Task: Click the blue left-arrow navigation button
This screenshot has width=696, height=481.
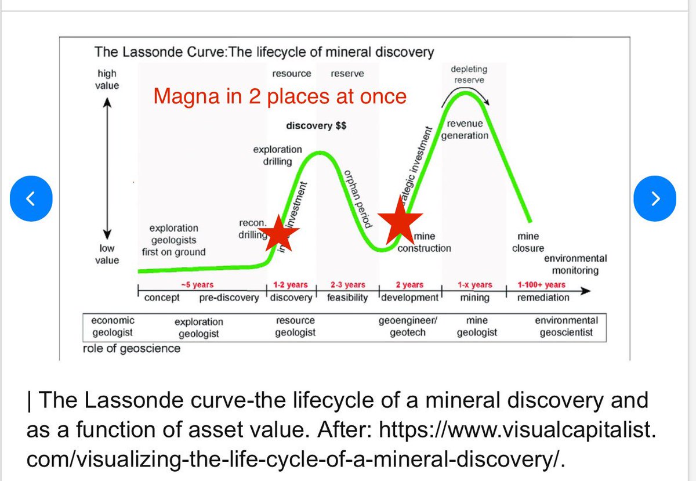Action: pyautogui.click(x=32, y=198)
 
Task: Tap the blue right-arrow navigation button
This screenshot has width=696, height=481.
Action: pyautogui.click(x=655, y=198)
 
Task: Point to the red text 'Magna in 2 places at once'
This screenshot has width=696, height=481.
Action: pyautogui.click(x=280, y=97)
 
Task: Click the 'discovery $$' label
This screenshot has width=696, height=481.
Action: pyautogui.click(x=316, y=126)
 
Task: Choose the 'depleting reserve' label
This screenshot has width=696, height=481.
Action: pyautogui.click(x=469, y=74)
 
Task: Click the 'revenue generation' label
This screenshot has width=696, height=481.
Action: pyautogui.click(x=465, y=130)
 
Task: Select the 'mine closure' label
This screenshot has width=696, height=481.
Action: pyautogui.click(x=528, y=242)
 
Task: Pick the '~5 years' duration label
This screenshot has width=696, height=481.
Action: pyautogui.click(x=197, y=285)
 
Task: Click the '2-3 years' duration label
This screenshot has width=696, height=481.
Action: pyautogui.click(x=347, y=285)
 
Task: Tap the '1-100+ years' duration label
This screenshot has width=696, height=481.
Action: pyautogui.click(x=541, y=285)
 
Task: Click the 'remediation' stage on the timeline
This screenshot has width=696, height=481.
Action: pyautogui.click(x=543, y=298)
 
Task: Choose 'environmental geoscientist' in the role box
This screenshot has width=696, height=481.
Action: pyautogui.click(x=566, y=326)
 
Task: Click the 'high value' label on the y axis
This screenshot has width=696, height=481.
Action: pyautogui.click(x=107, y=79)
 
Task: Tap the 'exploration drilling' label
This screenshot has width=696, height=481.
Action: pyautogui.click(x=277, y=155)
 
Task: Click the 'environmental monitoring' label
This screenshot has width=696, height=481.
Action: pyautogui.click(x=575, y=264)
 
